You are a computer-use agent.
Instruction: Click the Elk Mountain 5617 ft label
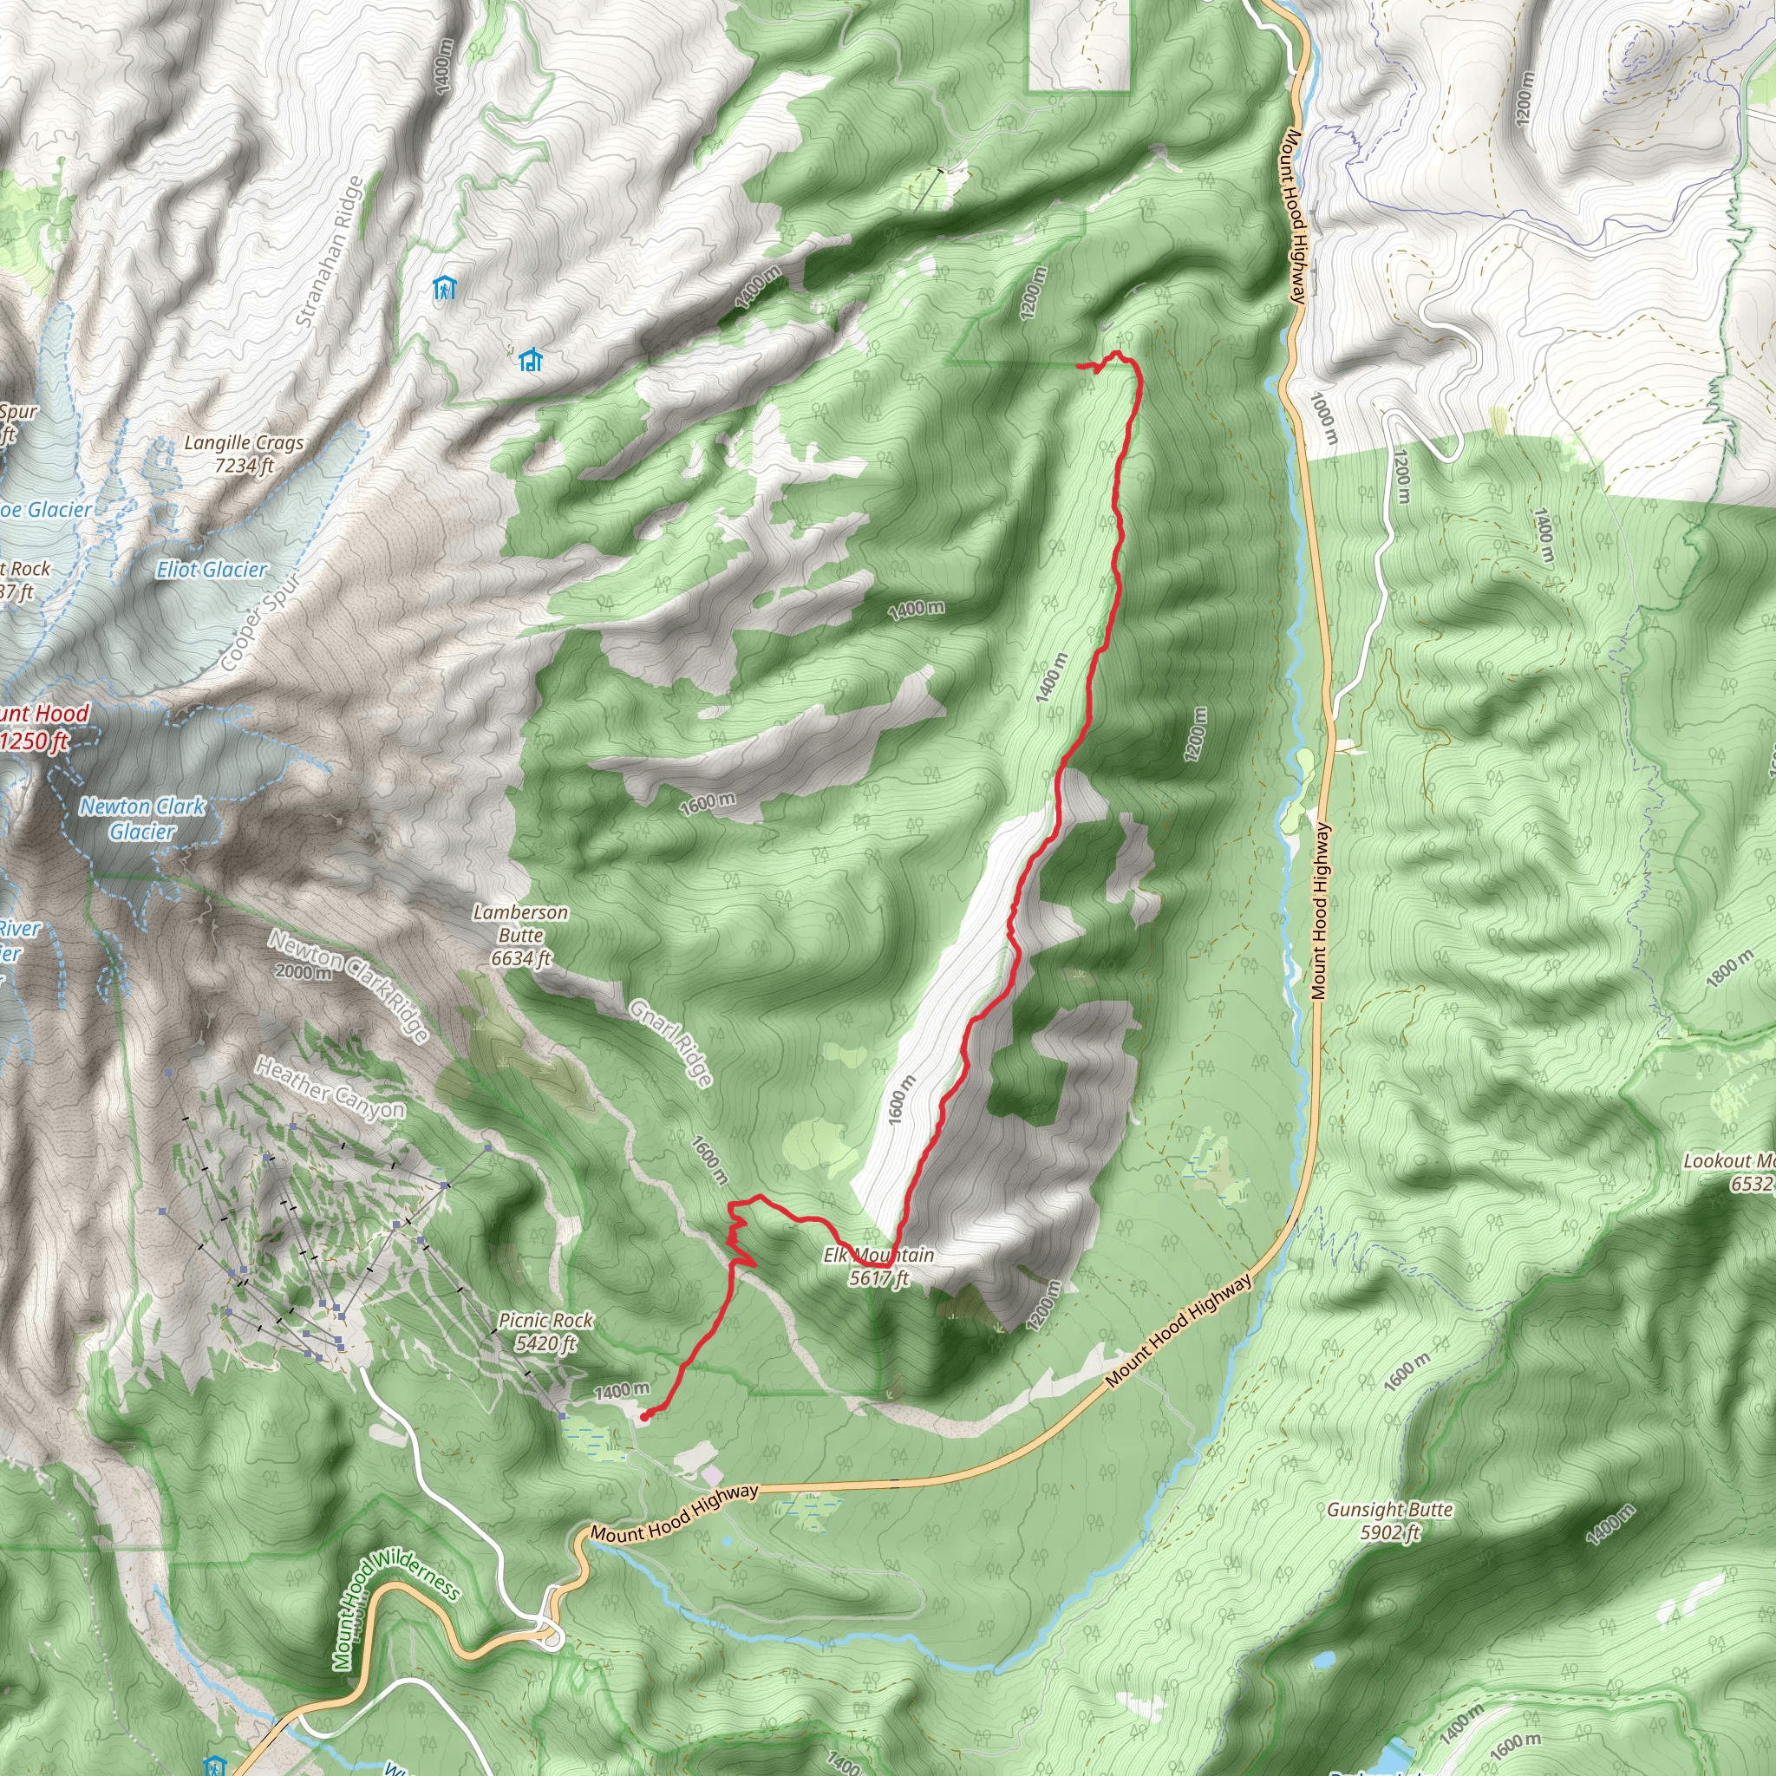[x=878, y=1266]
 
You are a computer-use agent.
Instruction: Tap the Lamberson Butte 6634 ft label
[x=520, y=935]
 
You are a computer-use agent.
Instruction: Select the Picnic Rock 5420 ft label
[x=545, y=1332]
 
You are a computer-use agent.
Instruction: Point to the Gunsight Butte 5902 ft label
[x=1389, y=1520]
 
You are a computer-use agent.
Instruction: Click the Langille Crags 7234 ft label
[x=244, y=454]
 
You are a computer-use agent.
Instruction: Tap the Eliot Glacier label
[x=212, y=570]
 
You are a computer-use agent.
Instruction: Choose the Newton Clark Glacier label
[x=142, y=819]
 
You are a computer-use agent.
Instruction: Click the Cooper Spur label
[x=261, y=624]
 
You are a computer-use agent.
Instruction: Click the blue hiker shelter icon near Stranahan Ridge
[x=445, y=289]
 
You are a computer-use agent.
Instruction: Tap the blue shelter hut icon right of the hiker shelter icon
[x=531, y=359]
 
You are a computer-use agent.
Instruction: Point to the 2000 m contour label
[x=304, y=971]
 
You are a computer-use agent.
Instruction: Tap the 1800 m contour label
[x=1729, y=970]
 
